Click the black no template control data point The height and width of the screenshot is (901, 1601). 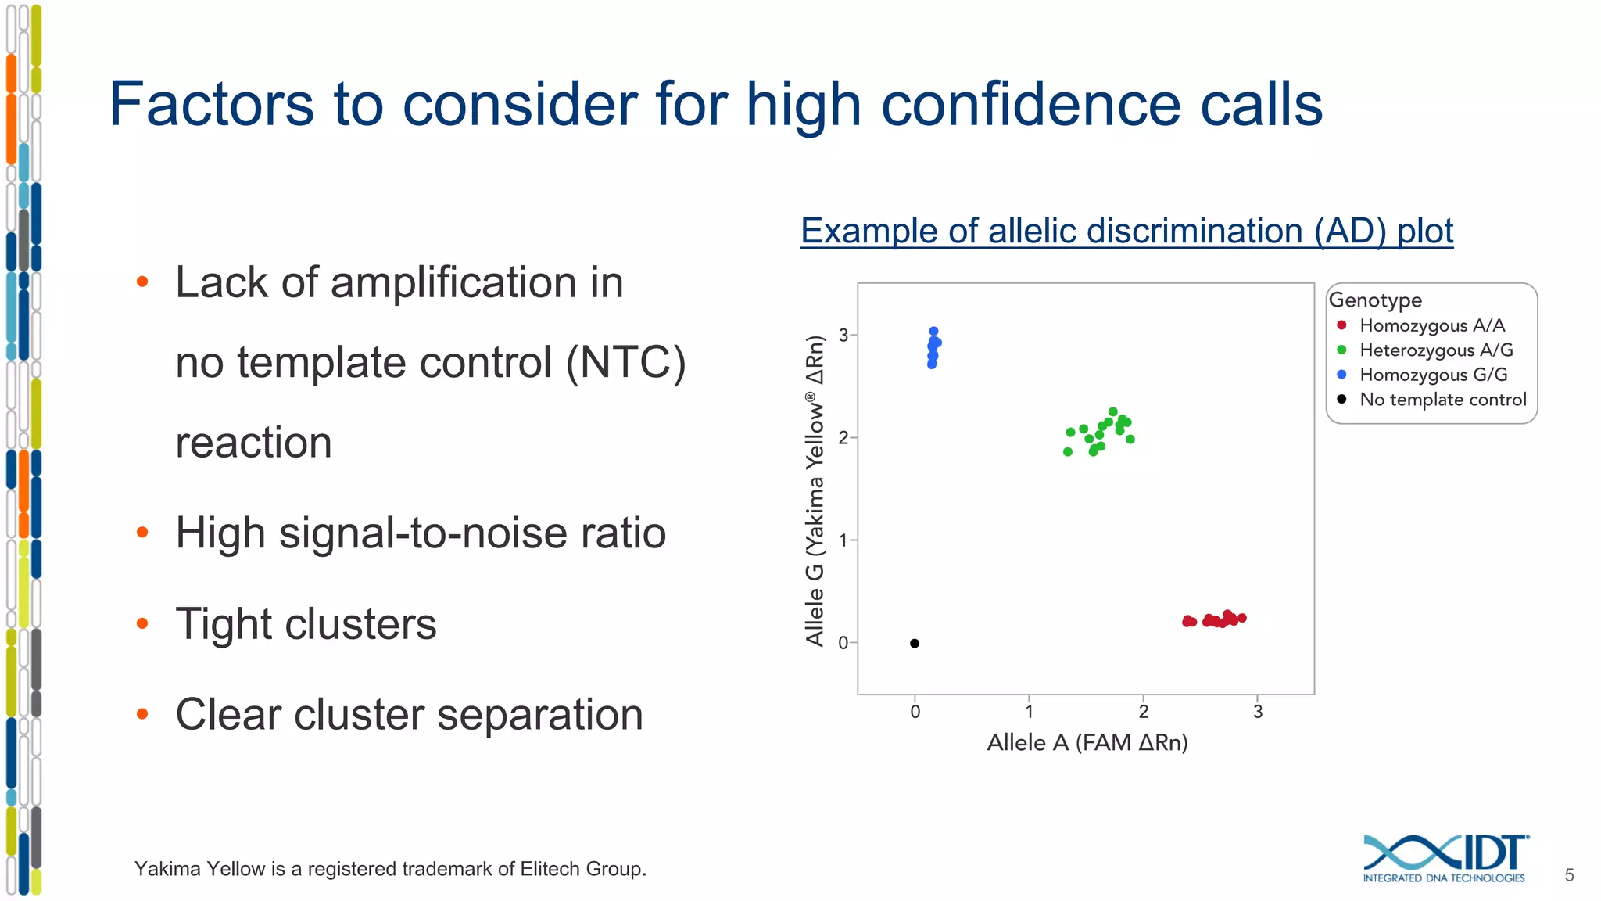coord(915,644)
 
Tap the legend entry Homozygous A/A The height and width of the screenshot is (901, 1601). coord(1431,325)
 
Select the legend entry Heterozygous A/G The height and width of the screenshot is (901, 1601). coord(1435,350)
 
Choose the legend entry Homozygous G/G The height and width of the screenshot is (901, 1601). coord(1433,375)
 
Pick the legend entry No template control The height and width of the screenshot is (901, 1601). coord(1442,400)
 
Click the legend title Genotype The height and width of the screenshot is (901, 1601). coord(1375,300)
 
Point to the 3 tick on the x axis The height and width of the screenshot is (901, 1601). coord(1258,711)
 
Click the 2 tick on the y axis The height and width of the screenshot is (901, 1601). coord(843,438)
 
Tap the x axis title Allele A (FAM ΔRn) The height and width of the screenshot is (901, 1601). coord(1087,742)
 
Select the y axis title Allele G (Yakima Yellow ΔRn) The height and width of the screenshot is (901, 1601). coord(815,490)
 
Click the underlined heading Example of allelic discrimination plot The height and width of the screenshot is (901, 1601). coord(1126,232)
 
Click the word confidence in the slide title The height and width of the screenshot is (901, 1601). coord(1030,105)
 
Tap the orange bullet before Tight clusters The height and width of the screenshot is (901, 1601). coord(142,623)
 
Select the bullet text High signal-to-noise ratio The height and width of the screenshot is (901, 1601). coord(421,533)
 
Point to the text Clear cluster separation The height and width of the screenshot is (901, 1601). coord(409,715)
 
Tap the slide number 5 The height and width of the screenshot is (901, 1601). coord(1569,875)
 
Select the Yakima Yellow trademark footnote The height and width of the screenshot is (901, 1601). coord(390,869)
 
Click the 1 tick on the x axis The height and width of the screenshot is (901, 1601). coord(1030,711)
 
